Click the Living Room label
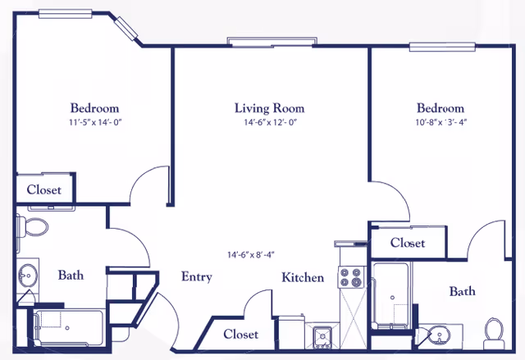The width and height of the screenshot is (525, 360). [x=269, y=108]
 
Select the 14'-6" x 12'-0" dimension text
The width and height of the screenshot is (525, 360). [x=269, y=123]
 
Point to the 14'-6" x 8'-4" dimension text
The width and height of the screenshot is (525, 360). [x=257, y=255]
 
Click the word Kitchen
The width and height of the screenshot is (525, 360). [x=303, y=278]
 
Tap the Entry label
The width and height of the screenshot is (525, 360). [x=197, y=277]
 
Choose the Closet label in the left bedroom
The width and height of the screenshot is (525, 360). [x=44, y=190]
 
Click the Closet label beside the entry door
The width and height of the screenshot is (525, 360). [x=240, y=335]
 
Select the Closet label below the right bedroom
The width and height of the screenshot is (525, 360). [x=408, y=243]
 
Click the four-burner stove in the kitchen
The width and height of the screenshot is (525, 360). [x=352, y=279]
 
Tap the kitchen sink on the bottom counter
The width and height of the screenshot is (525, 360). [x=322, y=336]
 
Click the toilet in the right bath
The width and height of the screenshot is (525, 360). [x=494, y=330]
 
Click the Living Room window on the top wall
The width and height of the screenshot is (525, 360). [x=272, y=41]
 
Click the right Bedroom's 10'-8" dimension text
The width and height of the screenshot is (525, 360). [x=441, y=123]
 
